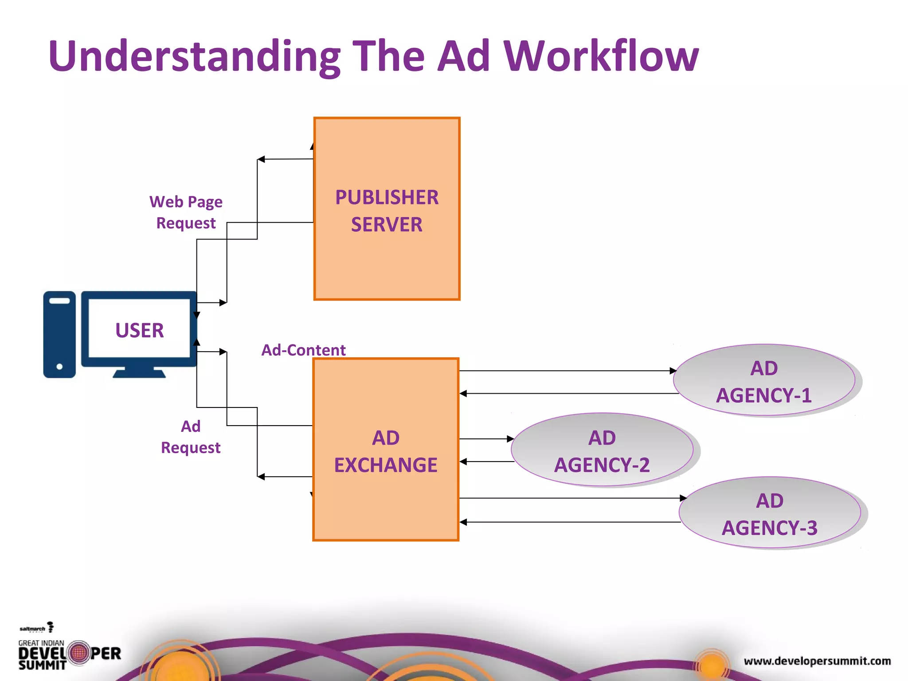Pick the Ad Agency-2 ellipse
point(602,450)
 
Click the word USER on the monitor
point(139,331)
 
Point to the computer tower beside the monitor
point(59,334)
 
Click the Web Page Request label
point(186,212)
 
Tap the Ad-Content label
point(303,350)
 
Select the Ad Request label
point(191,437)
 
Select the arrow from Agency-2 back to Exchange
point(487,462)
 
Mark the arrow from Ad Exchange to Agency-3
point(572,498)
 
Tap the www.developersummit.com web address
point(817,661)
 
